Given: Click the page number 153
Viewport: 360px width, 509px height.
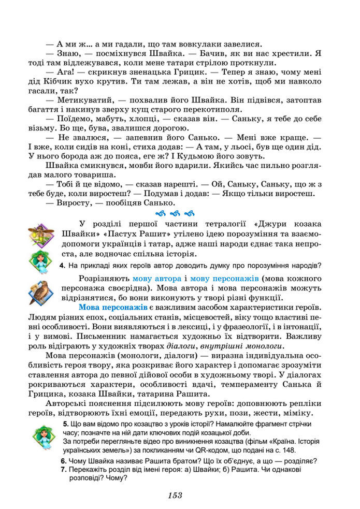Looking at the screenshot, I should coord(175,495).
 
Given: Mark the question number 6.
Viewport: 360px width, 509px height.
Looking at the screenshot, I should coord(63,460).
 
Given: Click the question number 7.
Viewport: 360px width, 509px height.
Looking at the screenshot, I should coord(63,469).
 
